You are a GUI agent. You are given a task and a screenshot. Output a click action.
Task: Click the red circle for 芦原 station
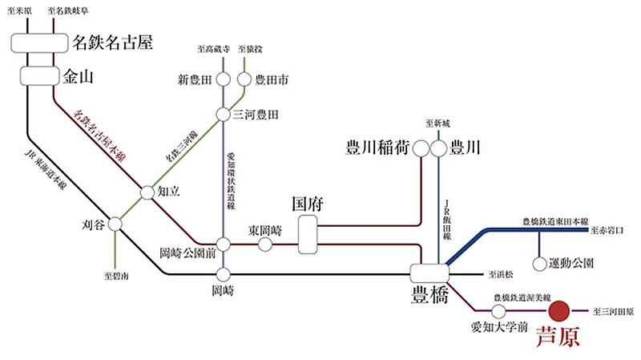559,310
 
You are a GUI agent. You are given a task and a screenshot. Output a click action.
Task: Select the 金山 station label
78,76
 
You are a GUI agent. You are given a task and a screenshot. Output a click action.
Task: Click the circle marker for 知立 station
147,192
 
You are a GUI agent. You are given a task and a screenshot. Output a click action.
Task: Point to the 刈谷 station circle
116,224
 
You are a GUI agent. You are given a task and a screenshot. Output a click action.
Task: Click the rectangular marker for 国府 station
308,232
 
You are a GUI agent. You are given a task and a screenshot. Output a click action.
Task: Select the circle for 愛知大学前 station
498,310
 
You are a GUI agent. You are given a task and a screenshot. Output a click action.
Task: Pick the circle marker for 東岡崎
265,244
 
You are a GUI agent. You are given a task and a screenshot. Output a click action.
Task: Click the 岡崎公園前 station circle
224,244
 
